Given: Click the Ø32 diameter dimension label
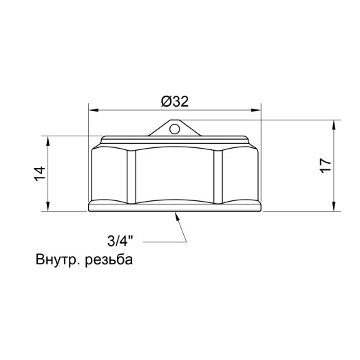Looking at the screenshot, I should (x=175, y=100).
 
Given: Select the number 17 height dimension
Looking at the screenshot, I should (x=326, y=165).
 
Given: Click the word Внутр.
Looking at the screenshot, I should (x=55, y=261).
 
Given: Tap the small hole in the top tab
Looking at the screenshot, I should (x=175, y=127).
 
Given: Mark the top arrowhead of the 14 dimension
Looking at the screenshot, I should (x=47, y=138).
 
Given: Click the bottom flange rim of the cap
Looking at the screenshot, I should (x=175, y=207).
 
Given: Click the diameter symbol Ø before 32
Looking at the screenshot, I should (x=166, y=100).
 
